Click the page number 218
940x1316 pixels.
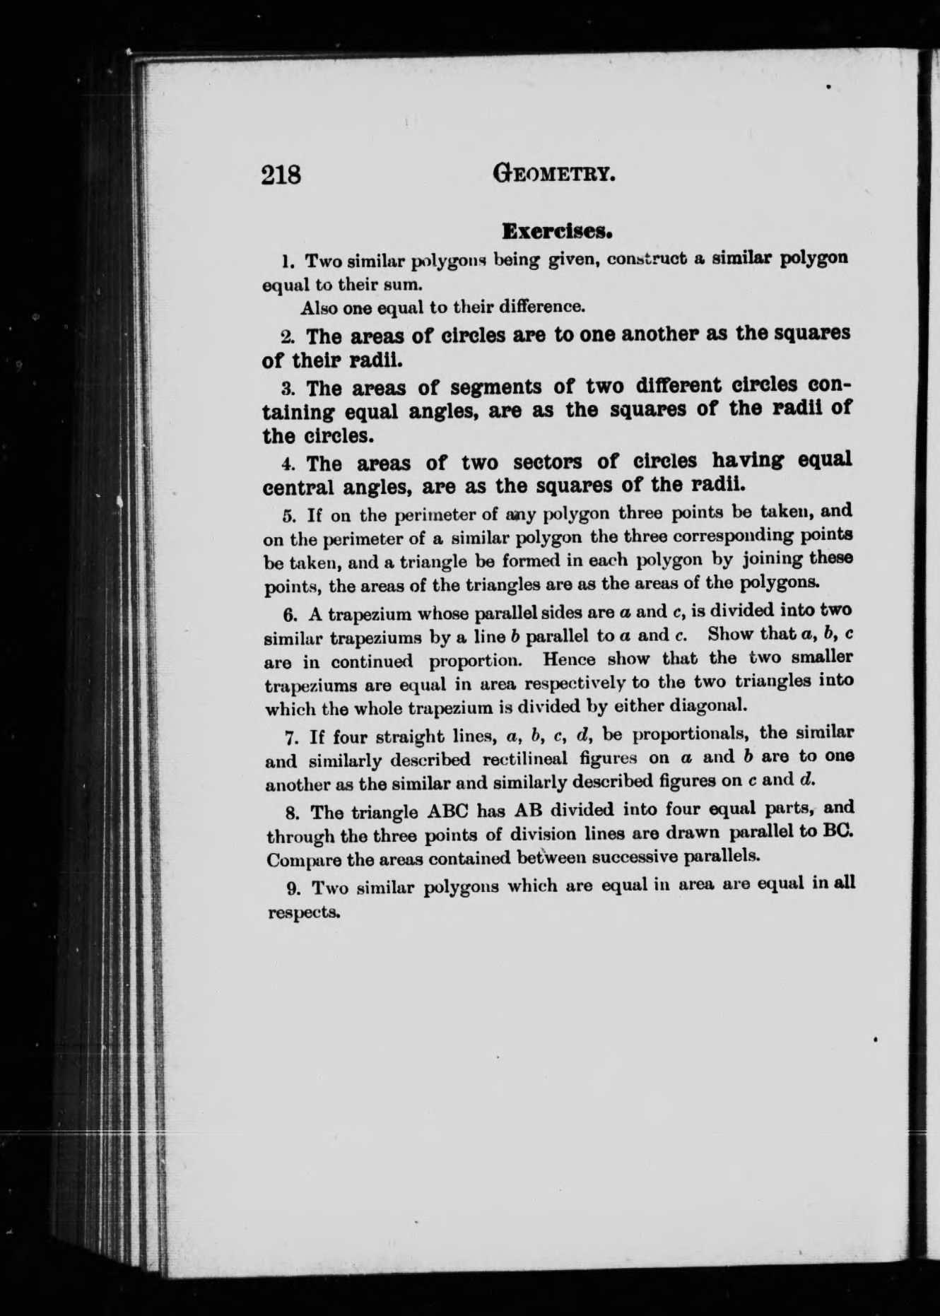281,174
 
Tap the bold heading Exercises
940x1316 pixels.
556,230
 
